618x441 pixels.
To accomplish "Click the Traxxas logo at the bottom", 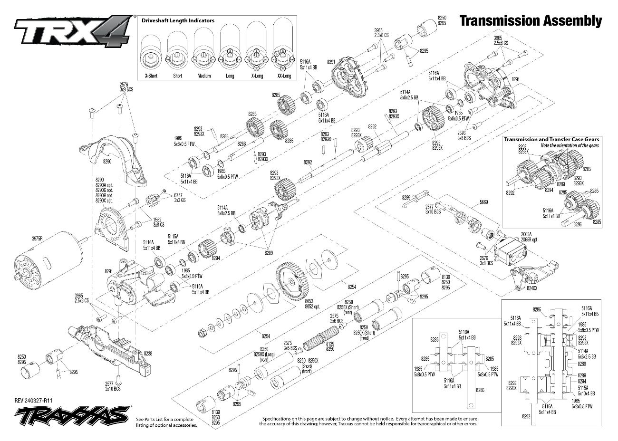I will (71, 417).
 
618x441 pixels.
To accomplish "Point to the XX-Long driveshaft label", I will (284, 76).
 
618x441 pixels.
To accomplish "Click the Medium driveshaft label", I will (204, 76).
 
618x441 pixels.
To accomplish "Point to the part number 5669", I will (483, 202).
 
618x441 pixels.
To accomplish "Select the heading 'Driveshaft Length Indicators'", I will (178, 21).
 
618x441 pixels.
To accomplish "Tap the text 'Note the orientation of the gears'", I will (570, 145).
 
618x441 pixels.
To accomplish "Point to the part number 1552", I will (157, 220).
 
